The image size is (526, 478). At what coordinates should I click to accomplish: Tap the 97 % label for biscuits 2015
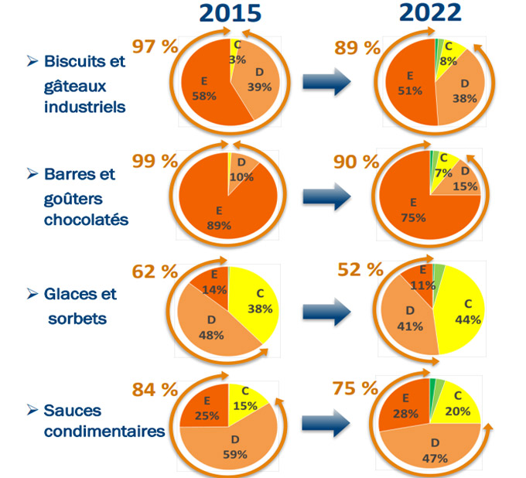[155, 46]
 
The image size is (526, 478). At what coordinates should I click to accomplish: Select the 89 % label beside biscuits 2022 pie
[357, 48]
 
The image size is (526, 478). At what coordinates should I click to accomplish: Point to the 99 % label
[155, 162]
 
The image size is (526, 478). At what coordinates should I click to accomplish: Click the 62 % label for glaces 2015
[155, 271]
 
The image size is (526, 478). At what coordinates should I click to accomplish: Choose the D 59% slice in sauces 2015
[232, 445]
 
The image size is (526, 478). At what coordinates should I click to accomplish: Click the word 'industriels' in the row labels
[85, 106]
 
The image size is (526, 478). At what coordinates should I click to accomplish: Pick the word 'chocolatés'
[85, 219]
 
